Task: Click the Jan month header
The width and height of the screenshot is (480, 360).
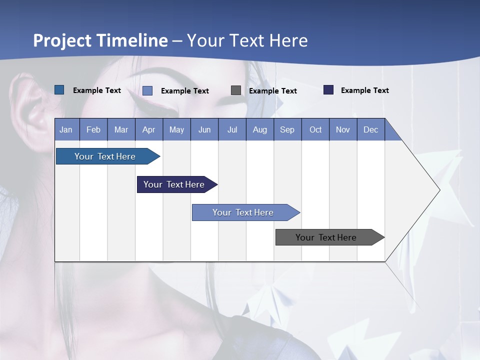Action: pos(66,130)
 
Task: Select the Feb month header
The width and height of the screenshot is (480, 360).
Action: pos(93,130)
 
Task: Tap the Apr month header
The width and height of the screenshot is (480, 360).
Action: pos(148,130)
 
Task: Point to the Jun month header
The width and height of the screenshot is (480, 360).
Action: pos(204,130)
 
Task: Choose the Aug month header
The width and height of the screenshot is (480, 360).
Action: pos(259,130)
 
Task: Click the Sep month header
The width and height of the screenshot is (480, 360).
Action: pos(287,130)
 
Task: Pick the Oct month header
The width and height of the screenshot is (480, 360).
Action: pos(315,130)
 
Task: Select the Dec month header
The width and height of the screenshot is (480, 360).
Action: pos(370,130)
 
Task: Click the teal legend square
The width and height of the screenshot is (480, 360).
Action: pos(59,90)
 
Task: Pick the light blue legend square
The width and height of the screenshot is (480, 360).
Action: pos(147,90)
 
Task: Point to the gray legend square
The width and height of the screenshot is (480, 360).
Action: pos(236,90)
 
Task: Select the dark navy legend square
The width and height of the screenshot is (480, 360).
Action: pos(328,90)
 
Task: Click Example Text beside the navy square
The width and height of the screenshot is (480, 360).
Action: pos(364,90)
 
